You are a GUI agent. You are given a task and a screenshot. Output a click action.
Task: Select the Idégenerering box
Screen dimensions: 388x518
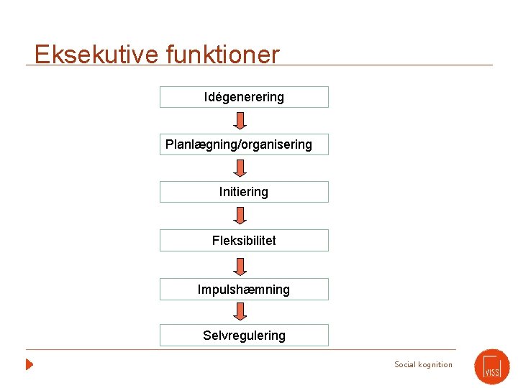pos(244,97)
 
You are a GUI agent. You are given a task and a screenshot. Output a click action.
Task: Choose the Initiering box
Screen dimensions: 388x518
pos(244,192)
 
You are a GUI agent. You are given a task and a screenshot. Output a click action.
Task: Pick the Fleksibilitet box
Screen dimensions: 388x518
pos(244,241)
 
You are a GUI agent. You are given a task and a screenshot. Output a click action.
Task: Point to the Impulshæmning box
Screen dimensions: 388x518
pos(244,290)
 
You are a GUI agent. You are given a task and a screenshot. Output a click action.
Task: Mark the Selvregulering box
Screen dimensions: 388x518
pos(244,336)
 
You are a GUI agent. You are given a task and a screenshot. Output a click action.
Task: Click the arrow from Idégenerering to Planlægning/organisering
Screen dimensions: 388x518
pos(240,120)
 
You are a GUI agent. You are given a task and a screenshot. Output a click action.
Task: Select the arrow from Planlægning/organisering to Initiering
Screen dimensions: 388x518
pos(240,168)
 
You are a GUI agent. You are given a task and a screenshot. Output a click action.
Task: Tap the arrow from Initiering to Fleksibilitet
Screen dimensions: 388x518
pos(240,216)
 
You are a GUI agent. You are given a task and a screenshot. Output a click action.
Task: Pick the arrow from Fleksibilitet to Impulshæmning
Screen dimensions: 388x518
pos(240,267)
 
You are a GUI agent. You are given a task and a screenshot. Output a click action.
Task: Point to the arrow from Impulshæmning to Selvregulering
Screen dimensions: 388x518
pos(240,311)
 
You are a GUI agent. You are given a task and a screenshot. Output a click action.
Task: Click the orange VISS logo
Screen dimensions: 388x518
pos(492,366)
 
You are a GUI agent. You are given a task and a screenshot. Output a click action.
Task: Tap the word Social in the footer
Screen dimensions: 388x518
pos(405,365)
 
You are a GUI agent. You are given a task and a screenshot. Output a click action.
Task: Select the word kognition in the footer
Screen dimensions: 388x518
pos(435,365)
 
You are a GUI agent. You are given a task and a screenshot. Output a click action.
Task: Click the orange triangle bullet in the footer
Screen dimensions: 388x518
pos(29,364)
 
